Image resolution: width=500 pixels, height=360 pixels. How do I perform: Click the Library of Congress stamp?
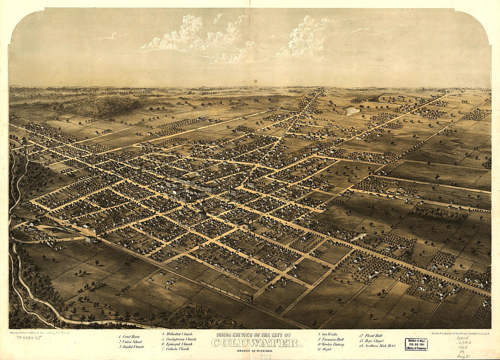coord(416,344)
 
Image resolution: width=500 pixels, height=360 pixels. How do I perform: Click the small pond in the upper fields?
coord(351,110)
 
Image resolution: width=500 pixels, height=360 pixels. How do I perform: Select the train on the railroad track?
coord(226,291)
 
